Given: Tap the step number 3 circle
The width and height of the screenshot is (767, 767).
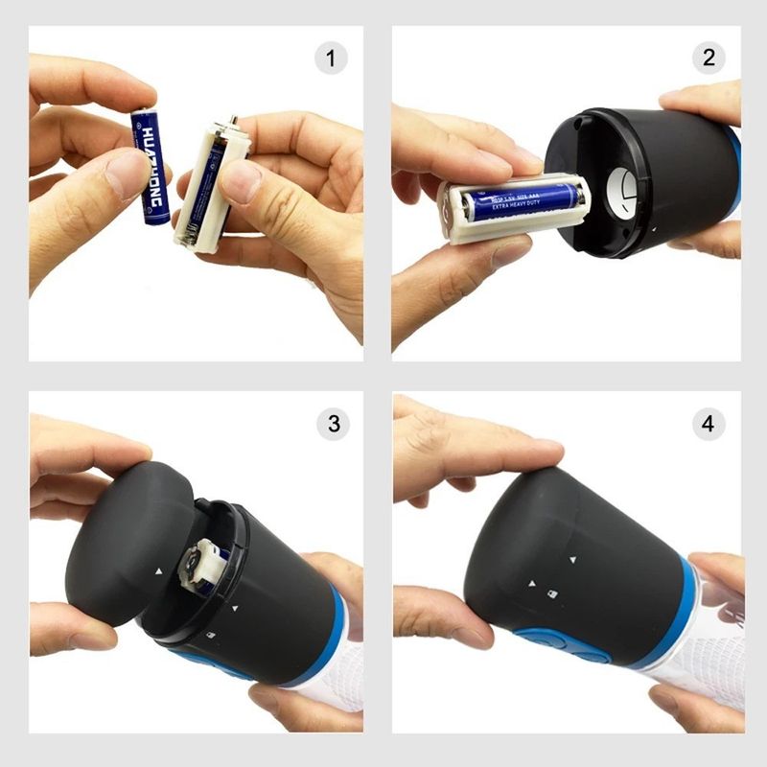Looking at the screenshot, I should point(333,423).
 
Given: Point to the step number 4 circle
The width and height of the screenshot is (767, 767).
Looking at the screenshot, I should point(709,423).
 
